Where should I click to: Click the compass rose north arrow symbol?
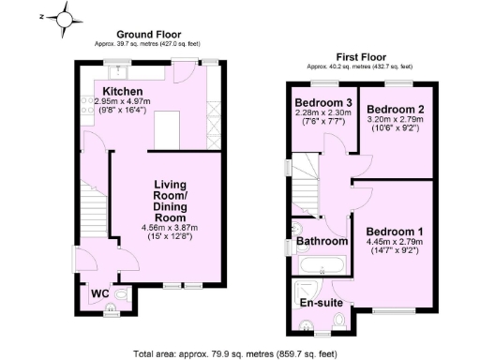63,17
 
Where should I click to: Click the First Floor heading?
361,56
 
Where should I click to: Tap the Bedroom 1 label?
395,232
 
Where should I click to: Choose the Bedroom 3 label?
322,103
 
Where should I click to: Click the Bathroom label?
322,242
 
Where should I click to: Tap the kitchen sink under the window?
119,69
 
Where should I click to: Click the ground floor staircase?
91,210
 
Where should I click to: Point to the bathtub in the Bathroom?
318,267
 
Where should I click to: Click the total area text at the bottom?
234,354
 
